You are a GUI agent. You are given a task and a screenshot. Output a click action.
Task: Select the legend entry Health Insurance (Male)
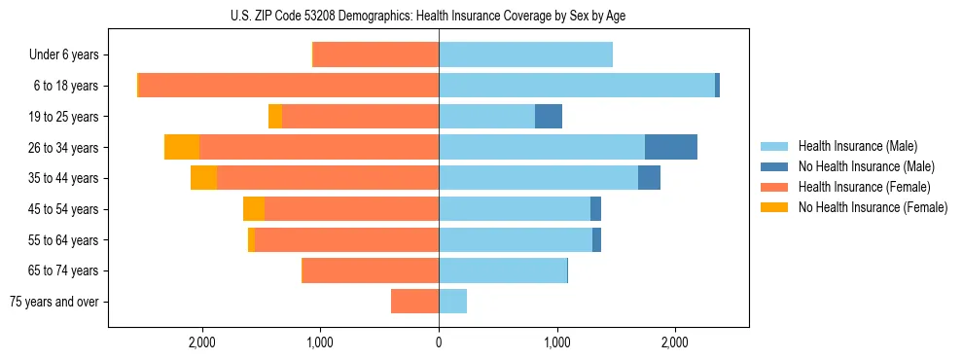pos(857,146)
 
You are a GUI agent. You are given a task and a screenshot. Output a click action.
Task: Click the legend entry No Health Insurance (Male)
pos(866,166)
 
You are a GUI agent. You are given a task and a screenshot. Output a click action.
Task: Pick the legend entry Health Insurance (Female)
pos(864,187)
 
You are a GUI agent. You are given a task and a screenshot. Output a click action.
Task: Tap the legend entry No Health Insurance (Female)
pos(873,207)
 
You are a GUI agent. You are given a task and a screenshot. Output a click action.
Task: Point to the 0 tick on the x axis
pos(439,342)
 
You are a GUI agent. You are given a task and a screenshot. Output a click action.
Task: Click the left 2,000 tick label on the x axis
pos(202,342)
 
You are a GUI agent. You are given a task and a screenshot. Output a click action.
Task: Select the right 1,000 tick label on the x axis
pos(557,342)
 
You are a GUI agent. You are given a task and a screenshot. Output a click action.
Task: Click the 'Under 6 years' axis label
pos(63,54)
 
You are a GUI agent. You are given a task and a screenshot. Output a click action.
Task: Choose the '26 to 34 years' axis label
pos(63,147)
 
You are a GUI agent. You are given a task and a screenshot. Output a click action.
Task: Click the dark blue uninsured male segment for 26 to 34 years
pos(671,147)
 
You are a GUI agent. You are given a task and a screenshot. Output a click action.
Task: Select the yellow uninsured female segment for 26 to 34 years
pos(182,147)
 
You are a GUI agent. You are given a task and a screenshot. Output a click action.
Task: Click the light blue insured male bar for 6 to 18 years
pos(577,86)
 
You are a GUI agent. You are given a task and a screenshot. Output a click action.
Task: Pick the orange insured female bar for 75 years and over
pos(414,302)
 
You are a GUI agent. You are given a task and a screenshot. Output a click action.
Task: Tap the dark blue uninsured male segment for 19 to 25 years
pos(549,117)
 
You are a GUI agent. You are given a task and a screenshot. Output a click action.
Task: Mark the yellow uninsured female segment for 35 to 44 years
pos(203,178)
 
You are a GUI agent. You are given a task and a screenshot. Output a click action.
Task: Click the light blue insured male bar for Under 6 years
pos(525,54)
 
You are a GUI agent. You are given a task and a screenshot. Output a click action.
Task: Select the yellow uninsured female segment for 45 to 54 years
pos(254,209)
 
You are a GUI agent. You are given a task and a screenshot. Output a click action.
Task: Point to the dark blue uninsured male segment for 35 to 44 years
pos(649,178)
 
